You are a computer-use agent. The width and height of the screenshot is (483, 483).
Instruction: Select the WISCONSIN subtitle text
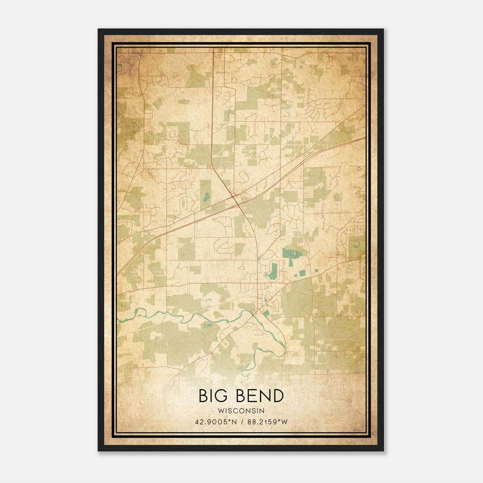241,411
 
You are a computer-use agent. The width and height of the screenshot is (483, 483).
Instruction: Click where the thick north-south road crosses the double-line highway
234,197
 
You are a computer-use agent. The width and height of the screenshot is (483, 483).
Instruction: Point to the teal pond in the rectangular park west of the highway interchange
206,197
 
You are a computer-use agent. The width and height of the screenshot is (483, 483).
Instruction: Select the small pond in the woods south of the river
208,325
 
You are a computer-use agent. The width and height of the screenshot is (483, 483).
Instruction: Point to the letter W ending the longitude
284,422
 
